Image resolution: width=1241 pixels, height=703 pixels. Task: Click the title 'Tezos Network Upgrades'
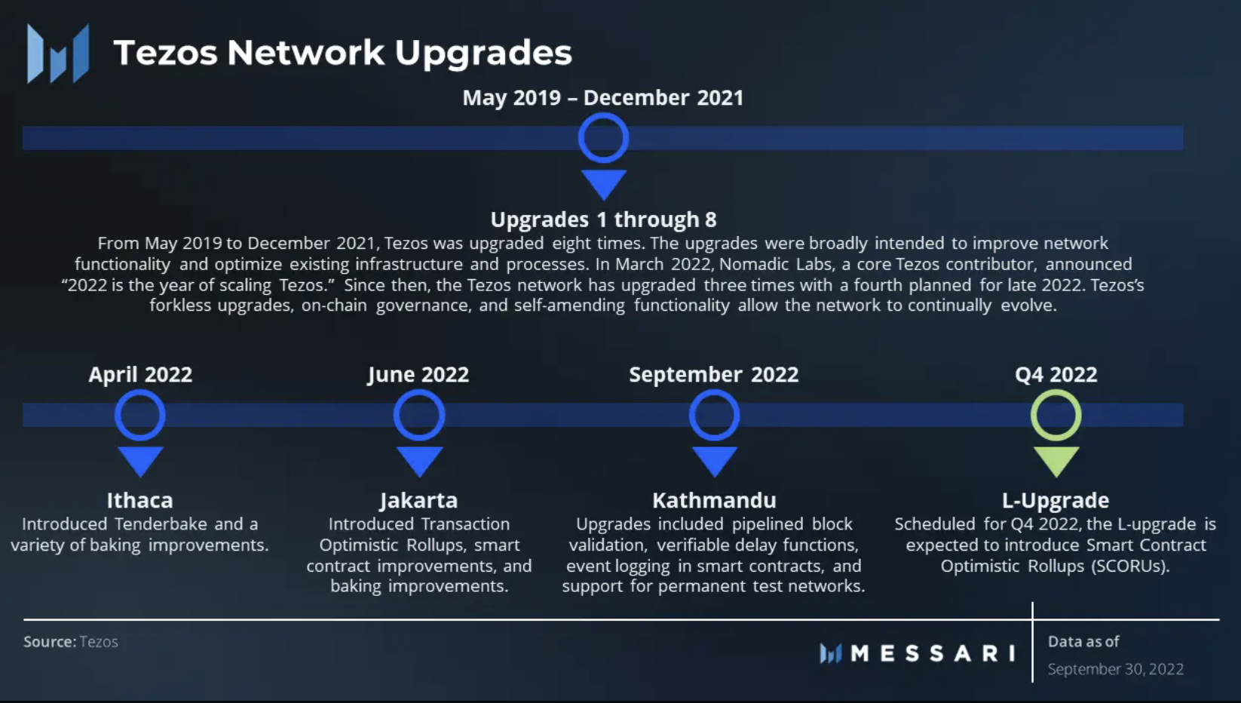pyautogui.click(x=342, y=54)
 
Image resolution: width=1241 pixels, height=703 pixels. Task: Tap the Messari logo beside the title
pyautogui.click(x=57, y=54)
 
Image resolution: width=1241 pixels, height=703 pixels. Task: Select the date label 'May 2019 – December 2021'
pyautogui.click(x=602, y=97)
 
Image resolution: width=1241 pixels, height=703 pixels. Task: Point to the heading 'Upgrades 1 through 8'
pyautogui.click(x=603, y=219)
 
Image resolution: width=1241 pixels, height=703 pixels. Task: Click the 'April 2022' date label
pyautogui.click(x=140, y=375)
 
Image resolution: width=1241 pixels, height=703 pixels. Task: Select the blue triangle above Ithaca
pyautogui.click(x=140, y=461)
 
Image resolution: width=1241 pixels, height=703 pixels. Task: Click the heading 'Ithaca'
pyautogui.click(x=139, y=500)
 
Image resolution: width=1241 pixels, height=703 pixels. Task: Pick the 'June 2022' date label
pyautogui.click(x=418, y=375)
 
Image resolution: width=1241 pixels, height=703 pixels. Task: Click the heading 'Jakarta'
pyautogui.click(x=419, y=501)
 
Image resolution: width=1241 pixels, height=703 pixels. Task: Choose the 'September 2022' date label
pyautogui.click(x=713, y=375)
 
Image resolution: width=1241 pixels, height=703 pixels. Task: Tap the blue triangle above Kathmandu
pyautogui.click(x=715, y=461)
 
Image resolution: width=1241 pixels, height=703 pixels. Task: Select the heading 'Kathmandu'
pyautogui.click(x=714, y=500)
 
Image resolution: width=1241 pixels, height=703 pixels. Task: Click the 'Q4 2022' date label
pyautogui.click(x=1056, y=375)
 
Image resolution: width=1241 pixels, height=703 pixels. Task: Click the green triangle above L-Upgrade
pyautogui.click(x=1056, y=461)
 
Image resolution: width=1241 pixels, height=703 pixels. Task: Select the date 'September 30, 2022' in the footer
pyautogui.click(x=1115, y=669)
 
